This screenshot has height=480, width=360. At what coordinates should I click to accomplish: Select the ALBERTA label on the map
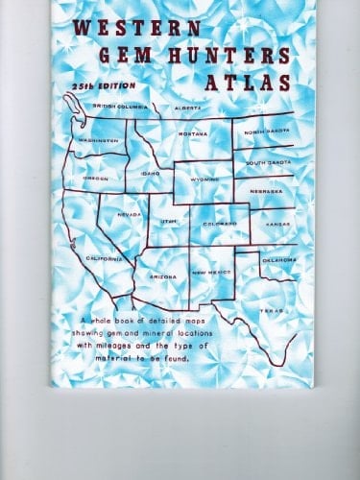(186, 108)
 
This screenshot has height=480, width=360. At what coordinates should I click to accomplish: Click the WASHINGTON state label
(98, 140)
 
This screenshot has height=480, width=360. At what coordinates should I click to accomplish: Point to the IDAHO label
(149, 173)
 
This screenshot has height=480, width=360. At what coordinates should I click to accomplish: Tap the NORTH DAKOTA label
(266, 131)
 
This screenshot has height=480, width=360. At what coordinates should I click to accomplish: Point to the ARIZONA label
(161, 276)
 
